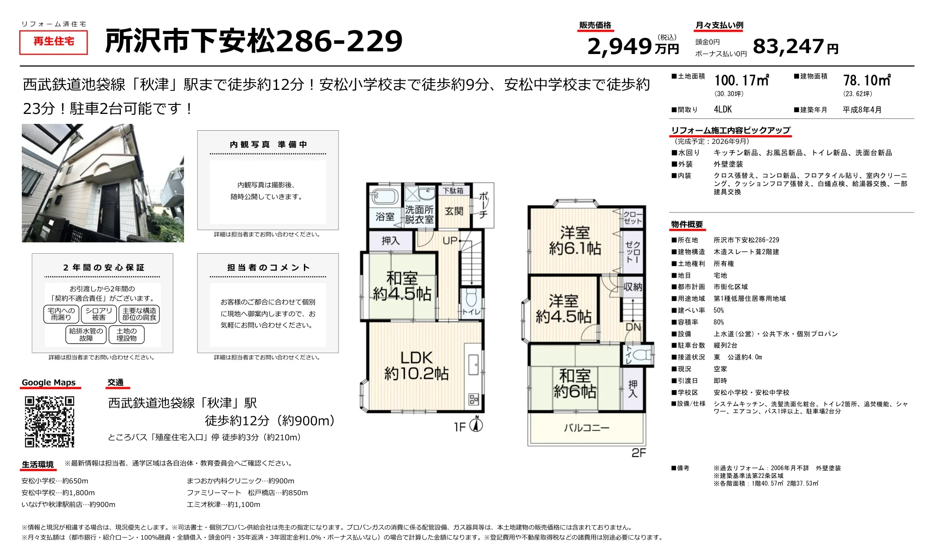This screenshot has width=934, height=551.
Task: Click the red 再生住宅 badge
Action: coord(54,42)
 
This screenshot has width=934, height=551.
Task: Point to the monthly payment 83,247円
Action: coord(795,46)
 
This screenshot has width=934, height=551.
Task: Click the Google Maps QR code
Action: coord(50,422)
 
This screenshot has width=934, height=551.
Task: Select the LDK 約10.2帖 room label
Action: coord(417,365)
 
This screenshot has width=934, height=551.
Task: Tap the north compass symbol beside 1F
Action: coord(476,424)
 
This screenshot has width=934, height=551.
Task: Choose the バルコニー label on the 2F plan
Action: coord(586,428)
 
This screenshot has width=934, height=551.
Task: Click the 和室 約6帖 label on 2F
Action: coord(575,384)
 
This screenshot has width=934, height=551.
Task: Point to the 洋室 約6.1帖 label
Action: coord(575,241)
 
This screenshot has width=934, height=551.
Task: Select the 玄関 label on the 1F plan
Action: coord(454,211)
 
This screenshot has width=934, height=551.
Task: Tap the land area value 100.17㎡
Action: coord(741,80)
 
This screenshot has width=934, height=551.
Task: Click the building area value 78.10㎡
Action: coord(867,80)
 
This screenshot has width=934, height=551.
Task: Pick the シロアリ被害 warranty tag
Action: coord(99,314)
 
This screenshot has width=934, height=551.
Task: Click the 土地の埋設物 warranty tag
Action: coord(126,335)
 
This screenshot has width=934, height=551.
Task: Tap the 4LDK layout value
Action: coord(723,109)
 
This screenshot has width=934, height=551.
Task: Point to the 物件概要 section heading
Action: coord(687,224)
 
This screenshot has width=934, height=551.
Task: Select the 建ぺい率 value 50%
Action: coord(719,310)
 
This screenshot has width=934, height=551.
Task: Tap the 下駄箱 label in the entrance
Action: coord(453,191)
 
